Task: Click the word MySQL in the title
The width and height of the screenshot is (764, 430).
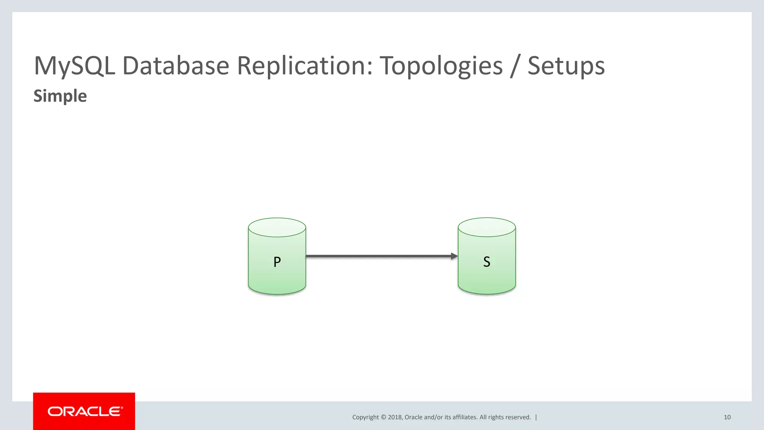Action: coord(74,66)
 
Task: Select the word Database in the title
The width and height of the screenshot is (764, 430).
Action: coord(175,66)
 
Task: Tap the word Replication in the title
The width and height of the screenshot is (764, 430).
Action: coord(304,66)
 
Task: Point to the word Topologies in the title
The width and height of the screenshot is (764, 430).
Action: coord(441,66)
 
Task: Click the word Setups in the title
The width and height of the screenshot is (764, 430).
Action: coord(566,66)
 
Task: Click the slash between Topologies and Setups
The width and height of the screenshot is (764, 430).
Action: coord(515,66)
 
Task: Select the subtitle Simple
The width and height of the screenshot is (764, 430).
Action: coord(60,96)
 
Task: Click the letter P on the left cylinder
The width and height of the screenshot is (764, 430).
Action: coord(277,262)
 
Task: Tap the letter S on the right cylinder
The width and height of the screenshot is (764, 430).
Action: coord(486,262)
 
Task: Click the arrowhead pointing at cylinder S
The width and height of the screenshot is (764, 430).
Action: coord(454,256)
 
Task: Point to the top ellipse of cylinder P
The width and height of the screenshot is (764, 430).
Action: coord(277,227)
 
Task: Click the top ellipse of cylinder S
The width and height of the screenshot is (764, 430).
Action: coord(486,227)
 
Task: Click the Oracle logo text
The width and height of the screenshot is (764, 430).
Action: coord(85,411)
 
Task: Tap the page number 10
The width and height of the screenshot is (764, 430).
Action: coord(727,417)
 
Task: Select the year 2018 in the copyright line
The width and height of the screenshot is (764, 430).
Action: coord(395,417)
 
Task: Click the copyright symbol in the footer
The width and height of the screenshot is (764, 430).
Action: coord(383,417)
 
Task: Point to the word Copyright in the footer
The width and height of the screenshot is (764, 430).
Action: coord(365,417)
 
